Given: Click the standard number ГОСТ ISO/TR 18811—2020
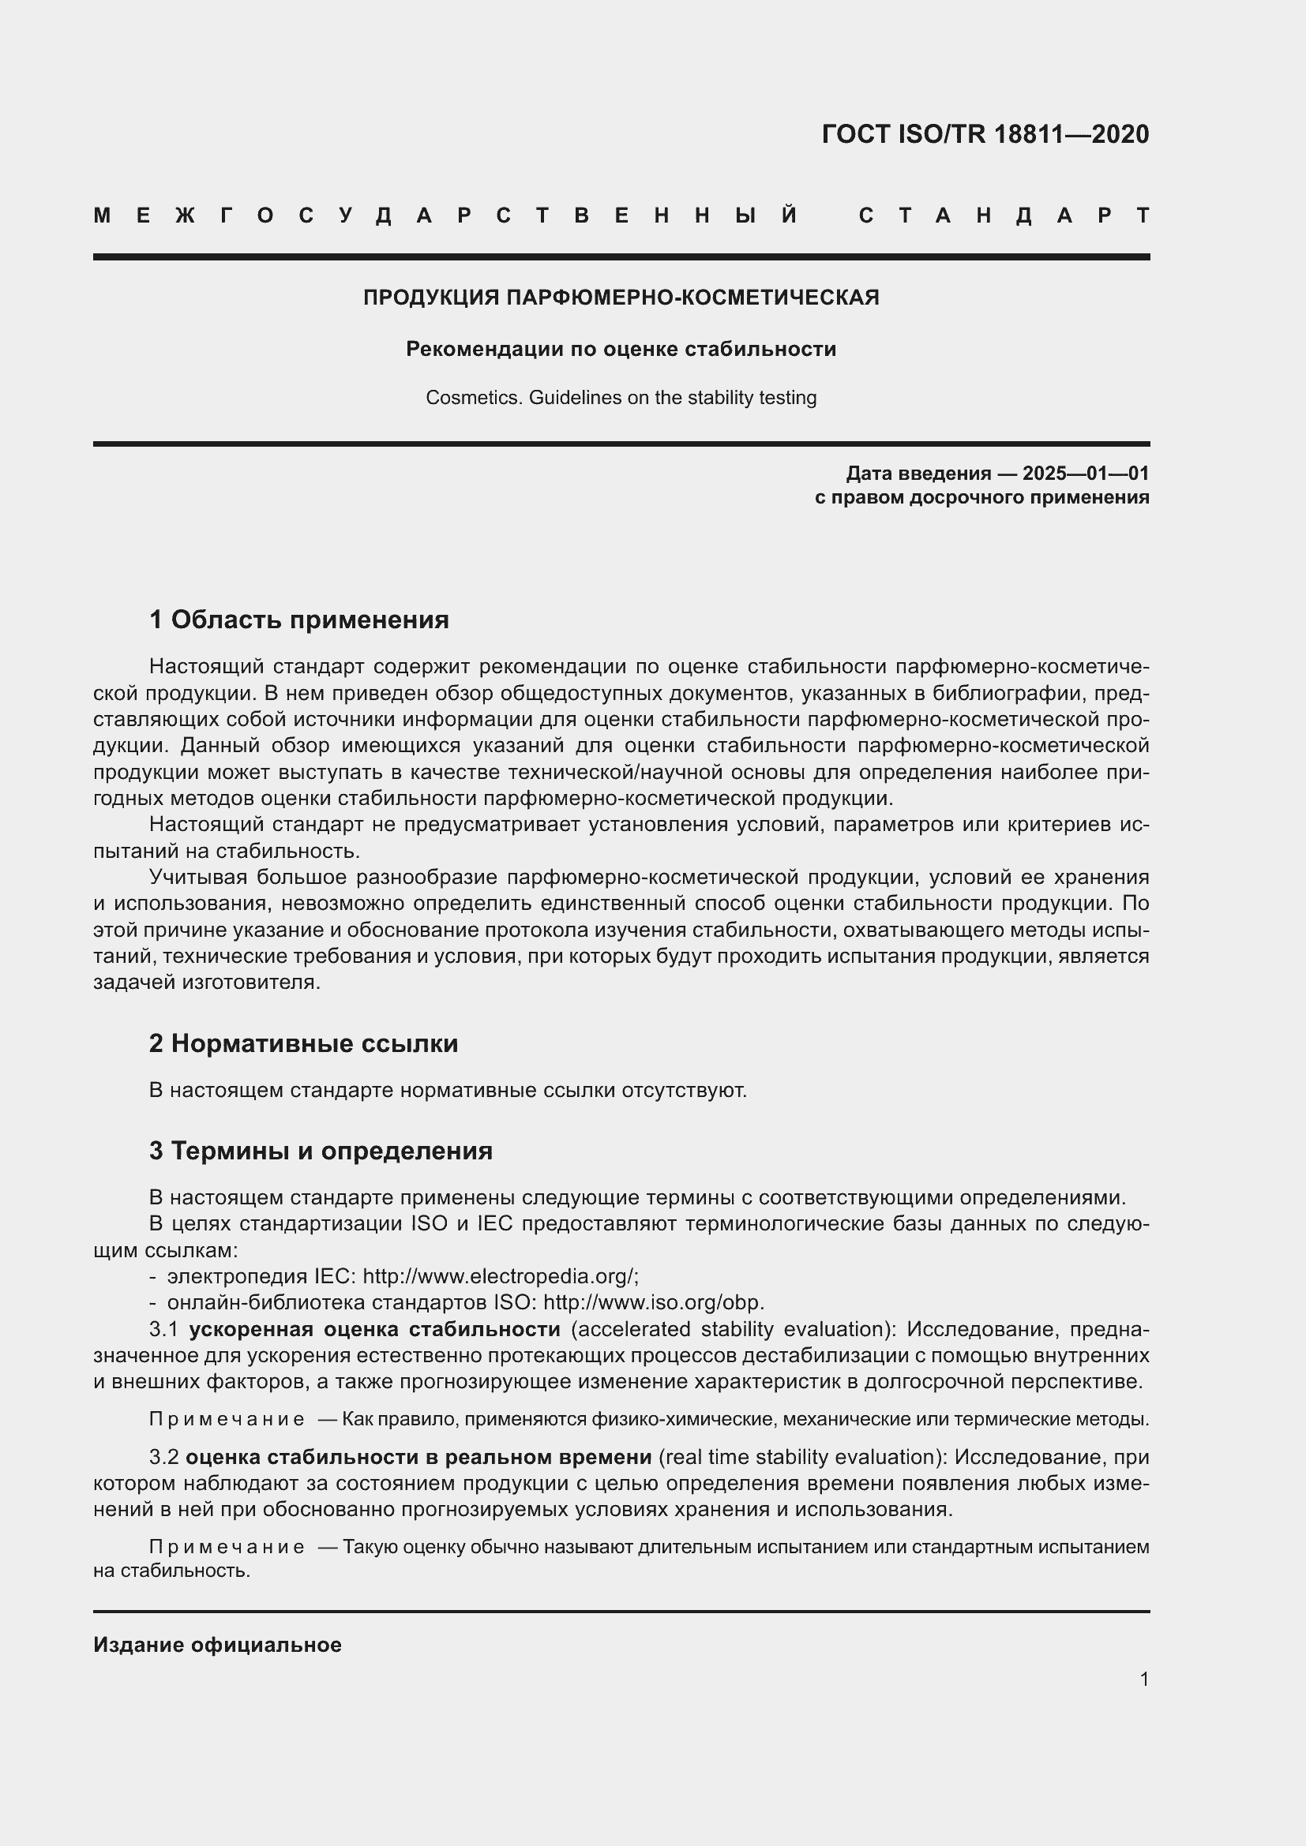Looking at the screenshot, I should (x=985, y=134).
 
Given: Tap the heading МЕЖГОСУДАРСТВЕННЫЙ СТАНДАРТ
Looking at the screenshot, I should (x=621, y=215).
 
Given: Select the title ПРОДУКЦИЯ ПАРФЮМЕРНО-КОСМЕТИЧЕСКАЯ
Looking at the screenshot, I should (x=621, y=298).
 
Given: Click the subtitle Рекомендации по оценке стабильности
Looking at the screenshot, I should (x=621, y=349).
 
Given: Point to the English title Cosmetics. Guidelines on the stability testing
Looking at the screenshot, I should (x=621, y=398).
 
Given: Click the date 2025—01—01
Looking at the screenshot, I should (x=1085, y=473).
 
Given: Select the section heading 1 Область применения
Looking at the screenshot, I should (x=298, y=619).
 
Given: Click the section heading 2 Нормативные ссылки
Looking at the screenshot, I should (x=303, y=1043).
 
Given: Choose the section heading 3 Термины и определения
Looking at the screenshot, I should (x=320, y=1151).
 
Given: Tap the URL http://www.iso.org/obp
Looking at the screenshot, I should (x=653, y=1301).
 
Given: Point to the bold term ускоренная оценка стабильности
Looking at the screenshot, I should (x=374, y=1328).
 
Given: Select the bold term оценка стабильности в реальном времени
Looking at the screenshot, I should (x=418, y=1457).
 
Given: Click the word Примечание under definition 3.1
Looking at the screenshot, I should (x=227, y=1419).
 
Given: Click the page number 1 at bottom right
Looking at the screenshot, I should (x=1143, y=1679).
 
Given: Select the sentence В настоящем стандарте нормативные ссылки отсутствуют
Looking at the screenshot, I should (x=448, y=1090).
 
